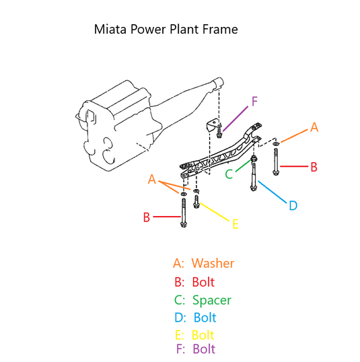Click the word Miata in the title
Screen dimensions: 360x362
(x=110, y=30)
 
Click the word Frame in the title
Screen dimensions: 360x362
(x=220, y=30)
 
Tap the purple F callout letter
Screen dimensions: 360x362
(x=254, y=102)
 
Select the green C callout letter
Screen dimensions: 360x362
(x=229, y=174)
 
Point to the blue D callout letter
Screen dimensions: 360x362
(x=293, y=205)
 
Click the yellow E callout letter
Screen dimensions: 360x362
(x=236, y=224)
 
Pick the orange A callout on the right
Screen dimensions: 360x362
(x=314, y=127)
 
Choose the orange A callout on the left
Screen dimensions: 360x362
(x=151, y=179)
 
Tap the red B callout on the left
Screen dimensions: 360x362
(x=147, y=217)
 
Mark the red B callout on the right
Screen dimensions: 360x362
(x=314, y=167)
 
